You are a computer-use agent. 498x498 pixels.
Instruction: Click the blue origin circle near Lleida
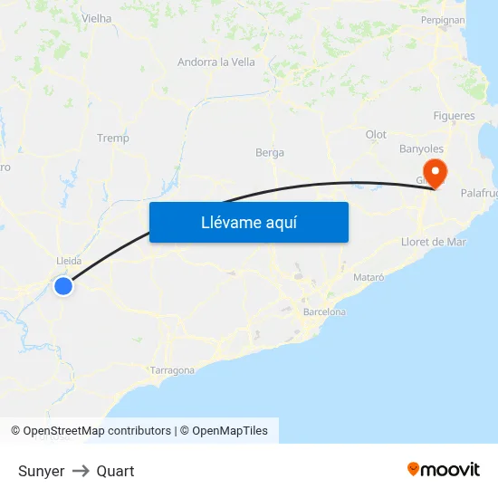[62, 286]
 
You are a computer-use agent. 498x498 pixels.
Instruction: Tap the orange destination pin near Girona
[436, 171]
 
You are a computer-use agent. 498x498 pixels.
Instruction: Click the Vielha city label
[96, 18]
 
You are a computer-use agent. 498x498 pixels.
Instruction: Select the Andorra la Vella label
[216, 62]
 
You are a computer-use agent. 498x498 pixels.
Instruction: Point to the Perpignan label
[443, 19]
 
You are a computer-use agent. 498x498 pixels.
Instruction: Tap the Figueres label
[454, 116]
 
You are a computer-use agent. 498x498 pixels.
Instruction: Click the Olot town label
[376, 135]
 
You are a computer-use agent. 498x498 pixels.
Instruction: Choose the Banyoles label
[421, 148]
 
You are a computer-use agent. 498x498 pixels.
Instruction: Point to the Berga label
[270, 153]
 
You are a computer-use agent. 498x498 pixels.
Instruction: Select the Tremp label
[113, 139]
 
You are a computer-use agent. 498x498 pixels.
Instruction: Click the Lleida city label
[69, 261]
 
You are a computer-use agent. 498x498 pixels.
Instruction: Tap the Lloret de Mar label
[434, 242]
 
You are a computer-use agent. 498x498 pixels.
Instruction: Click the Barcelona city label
[324, 312]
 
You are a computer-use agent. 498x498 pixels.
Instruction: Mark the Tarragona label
[172, 370]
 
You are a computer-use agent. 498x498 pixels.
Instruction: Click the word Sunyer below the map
[41, 471]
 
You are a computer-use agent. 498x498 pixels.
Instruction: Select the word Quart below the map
[115, 471]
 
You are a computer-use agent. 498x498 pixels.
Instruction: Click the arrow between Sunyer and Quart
[81, 471]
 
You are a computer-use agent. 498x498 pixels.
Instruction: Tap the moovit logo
[444, 469]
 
